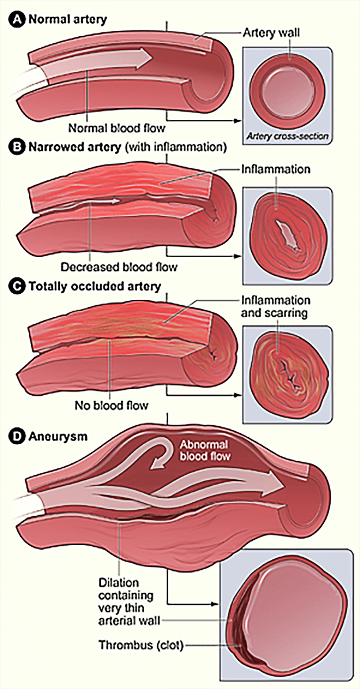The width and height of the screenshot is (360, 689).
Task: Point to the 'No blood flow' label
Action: click(x=111, y=405)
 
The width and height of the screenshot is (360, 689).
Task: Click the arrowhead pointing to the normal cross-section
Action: click(x=236, y=120)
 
